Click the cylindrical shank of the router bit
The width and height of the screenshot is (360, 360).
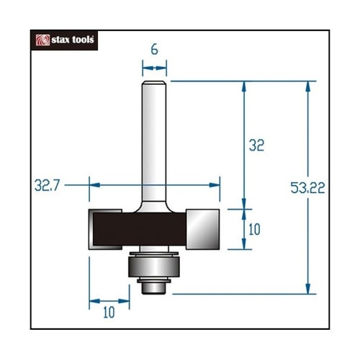(154, 137)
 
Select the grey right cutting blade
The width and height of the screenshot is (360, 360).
(204, 228)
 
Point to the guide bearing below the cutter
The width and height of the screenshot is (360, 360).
(153, 267)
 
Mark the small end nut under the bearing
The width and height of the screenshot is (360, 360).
(153, 287)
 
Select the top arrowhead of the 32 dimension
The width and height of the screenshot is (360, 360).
(246, 86)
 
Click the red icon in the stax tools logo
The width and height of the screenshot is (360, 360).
(42, 40)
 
